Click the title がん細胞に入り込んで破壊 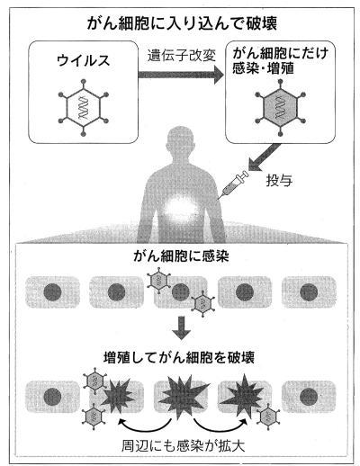pyautogui.click(x=182, y=23)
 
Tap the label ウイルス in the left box pyautogui.click(x=84, y=61)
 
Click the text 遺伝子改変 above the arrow pyautogui.click(x=181, y=56)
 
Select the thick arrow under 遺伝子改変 pyautogui.click(x=181, y=75)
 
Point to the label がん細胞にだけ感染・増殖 pyautogui.click(x=281, y=61)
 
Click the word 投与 pyautogui.click(x=279, y=181)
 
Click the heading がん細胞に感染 pyautogui.click(x=181, y=256)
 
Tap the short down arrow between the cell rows pyautogui.click(x=181, y=327)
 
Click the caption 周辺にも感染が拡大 pyautogui.click(x=183, y=446)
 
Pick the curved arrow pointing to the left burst pyautogui.click(x=144, y=425)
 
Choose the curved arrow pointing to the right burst pyautogui.click(x=221, y=425)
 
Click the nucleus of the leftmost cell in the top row pyautogui.click(x=52, y=291)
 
